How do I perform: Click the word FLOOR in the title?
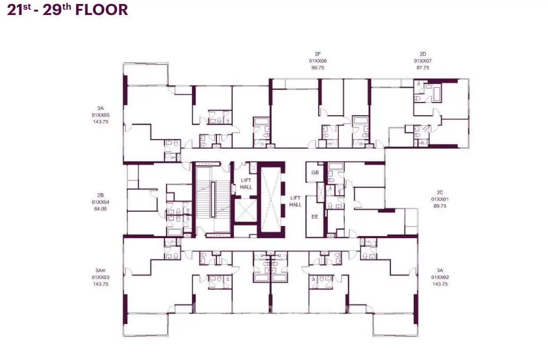point(102,10)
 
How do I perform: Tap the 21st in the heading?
point(19,10)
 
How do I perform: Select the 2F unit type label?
point(317,54)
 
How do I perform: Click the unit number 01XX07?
point(423,61)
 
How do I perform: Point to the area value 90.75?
point(317,67)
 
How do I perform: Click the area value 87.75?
point(423,67)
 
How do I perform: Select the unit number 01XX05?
point(101,115)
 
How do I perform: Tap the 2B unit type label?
point(100,195)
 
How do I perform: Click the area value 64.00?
point(100,209)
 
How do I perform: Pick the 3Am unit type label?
point(100,270)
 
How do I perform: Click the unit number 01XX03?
point(101,277)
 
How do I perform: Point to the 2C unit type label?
point(440,192)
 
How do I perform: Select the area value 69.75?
point(440,206)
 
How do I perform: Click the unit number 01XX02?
point(440,277)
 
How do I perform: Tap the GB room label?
point(315,172)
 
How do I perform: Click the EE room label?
point(315,217)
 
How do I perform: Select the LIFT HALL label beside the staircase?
point(246,184)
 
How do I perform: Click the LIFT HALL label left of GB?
point(295,201)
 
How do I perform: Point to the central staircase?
point(213,199)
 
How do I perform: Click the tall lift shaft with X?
point(271,199)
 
